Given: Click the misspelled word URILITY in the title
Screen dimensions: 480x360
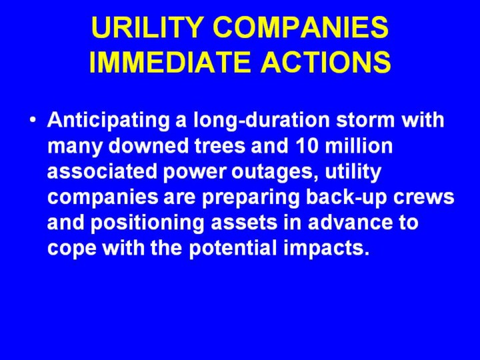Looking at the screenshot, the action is [146, 27].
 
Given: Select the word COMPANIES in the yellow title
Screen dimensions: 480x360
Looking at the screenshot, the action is [301, 27].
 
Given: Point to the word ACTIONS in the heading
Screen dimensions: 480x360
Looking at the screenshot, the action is [326, 61].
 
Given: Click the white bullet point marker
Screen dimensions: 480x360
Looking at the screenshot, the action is [33, 120].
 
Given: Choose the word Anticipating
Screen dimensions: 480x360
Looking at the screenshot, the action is [109, 120].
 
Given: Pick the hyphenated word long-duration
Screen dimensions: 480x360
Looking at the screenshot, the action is [262, 120].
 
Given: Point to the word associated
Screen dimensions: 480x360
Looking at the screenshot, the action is [102, 171].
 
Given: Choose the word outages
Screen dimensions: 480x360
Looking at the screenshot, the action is [275, 173].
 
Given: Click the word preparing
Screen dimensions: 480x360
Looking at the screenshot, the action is [251, 199].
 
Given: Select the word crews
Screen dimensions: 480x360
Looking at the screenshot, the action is [424, 199].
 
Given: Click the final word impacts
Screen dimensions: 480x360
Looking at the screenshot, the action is [326, 249].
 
